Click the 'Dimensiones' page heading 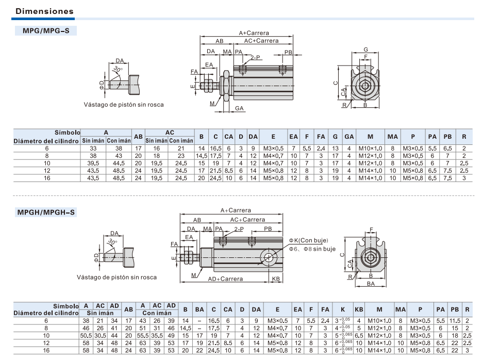pos(44,11)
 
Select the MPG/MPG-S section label pos(46,31)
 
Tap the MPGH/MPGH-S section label pos(46,212)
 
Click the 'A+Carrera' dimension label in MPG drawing pos(254,33)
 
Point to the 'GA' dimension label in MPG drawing pos(239,108)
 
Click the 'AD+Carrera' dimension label pos(225,279)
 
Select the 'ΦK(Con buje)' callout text pos(308,240)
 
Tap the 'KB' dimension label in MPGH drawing pos(276,279)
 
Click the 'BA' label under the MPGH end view pos(371,284)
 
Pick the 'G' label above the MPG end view pos(365,50)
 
